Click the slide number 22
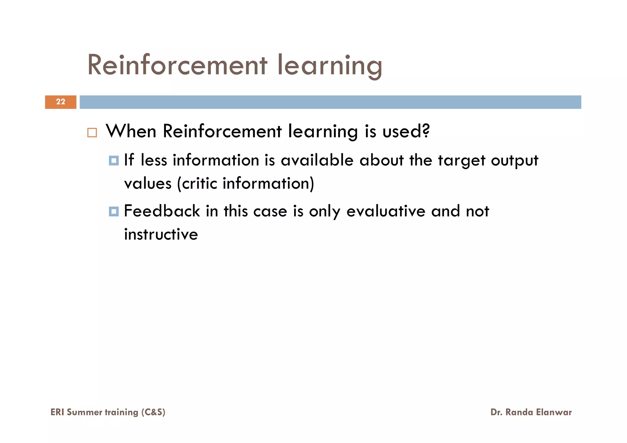[61, 102]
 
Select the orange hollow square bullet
[92, 132]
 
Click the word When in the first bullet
[131, 131]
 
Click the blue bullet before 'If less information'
[114, 161]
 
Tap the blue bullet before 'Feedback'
[114, 211]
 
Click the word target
[461, 161]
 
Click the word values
[148, 184]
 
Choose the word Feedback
[162, 211]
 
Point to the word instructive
[161, 234]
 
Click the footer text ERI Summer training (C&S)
[108, 412]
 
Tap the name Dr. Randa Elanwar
[531, 412]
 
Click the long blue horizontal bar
[330, 102]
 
